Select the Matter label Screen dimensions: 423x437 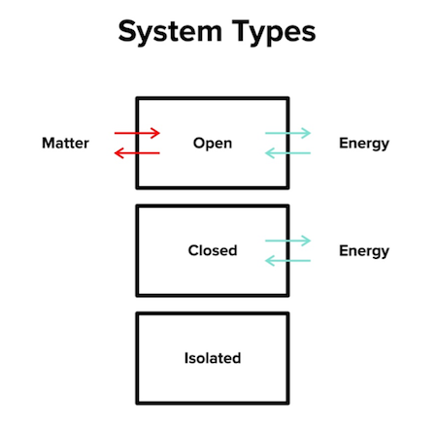(x=65, y=144)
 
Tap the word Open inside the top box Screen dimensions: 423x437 (x=213, y=144)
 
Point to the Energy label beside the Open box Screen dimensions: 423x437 (x=363, y=144)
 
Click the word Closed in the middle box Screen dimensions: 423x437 (x=212, y=250)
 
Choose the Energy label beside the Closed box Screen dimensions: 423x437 (x=363, y=250)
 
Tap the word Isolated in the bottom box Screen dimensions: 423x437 (x=212, y=358)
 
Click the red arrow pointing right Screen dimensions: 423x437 (x=136, y=133)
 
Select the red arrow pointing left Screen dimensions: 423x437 (x=136, y=152)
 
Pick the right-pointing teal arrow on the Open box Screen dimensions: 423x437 (x=287, y=133)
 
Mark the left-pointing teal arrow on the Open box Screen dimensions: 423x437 (x=287, y=152)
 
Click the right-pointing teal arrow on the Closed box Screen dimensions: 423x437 (x=287, y=240)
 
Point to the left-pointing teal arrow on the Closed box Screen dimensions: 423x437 (x=287, y=259)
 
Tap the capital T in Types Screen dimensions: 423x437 (x=239, y=32)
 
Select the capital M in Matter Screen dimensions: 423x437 (x=48, y=144)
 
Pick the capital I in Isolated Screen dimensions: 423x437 (x=186, y=358)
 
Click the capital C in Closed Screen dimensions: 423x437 (x=192, y=250)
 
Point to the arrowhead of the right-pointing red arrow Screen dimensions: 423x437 (x=154, y=133)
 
